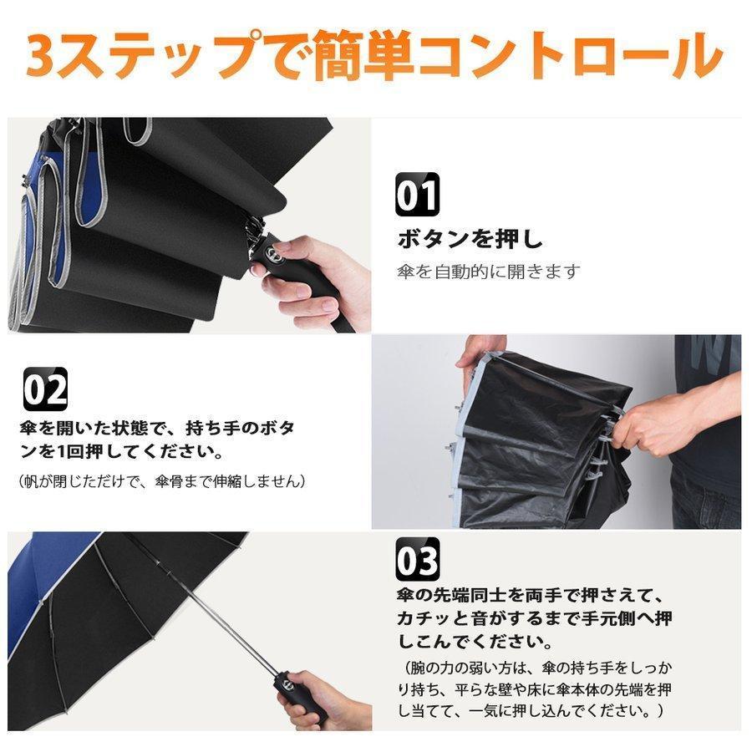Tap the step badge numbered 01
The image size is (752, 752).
point(417,195)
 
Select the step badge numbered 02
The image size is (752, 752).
point(46,389)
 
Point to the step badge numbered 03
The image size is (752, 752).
point(417,559)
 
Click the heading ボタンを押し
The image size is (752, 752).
point(470,238)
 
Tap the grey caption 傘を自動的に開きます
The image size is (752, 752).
point(488,272)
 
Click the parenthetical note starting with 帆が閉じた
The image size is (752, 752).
point(161,481)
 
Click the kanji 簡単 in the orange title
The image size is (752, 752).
point(364,57)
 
